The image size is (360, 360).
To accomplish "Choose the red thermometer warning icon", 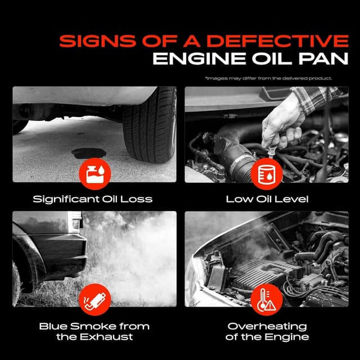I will click(267, 299).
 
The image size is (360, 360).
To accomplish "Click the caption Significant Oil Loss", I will click(93, 199).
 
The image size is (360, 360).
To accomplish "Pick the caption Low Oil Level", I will click(267, 199).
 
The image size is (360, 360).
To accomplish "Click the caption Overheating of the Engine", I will click(267, 331).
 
